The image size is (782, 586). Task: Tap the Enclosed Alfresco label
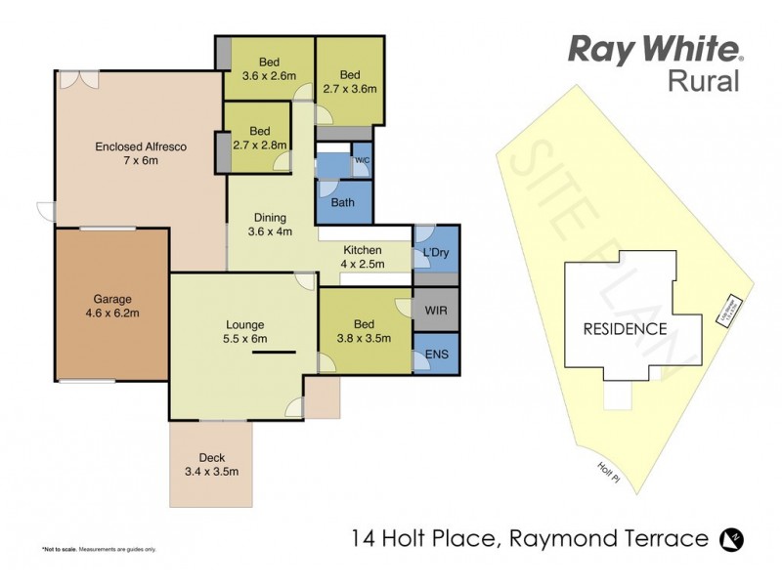tap(141, 154)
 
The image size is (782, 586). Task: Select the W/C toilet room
tap(361, 161)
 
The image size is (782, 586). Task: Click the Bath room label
tap(343, 203)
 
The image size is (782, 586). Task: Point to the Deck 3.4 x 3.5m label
tap(212, 464)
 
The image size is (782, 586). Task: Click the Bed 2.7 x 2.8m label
tap(258, 138)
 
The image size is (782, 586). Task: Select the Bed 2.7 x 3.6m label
tap(350, 81)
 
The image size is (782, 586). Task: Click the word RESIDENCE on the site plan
tap(625, 329)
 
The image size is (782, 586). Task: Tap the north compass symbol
tap(728, 538)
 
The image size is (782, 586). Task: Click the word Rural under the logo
tap(704, 81)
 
